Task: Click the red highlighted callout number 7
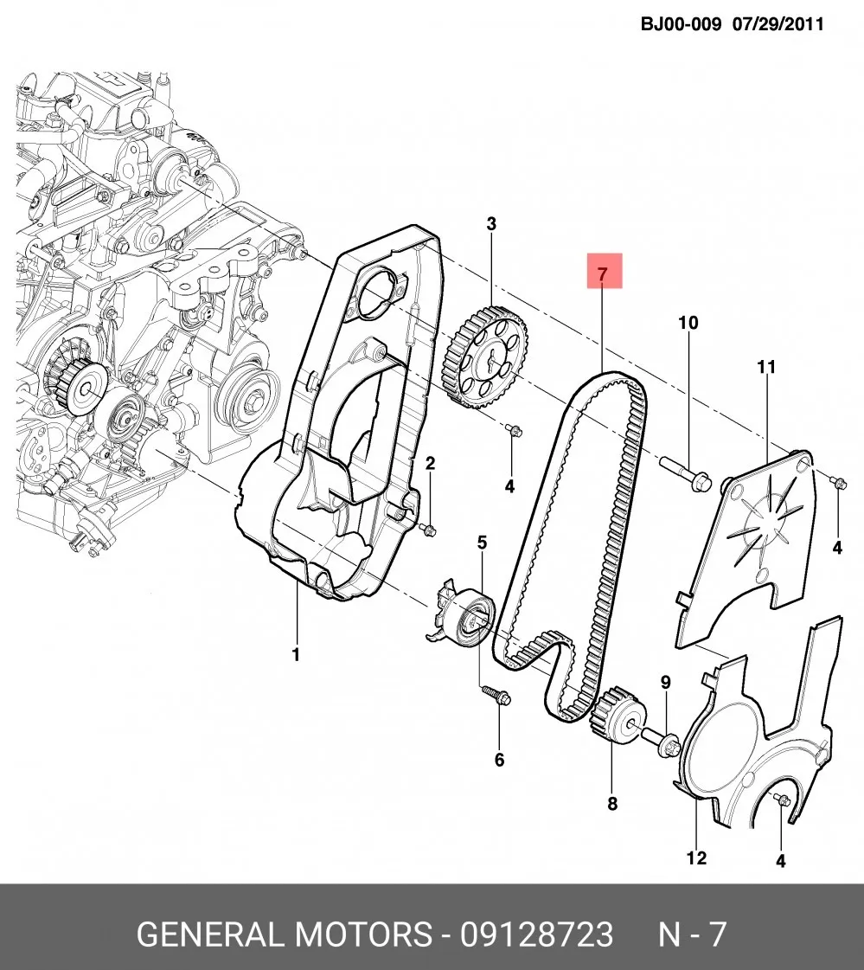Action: [x=603, y=273]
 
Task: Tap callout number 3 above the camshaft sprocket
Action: [x=491, y=224]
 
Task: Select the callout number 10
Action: [x=688, y=323]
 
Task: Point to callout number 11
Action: [x=766, y=367]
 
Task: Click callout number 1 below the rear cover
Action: [x=296, y=654]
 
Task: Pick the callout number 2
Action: [x=431, y=463]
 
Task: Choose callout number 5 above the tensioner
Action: [x=482, y=543]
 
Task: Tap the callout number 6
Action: [x=499, y=759]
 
